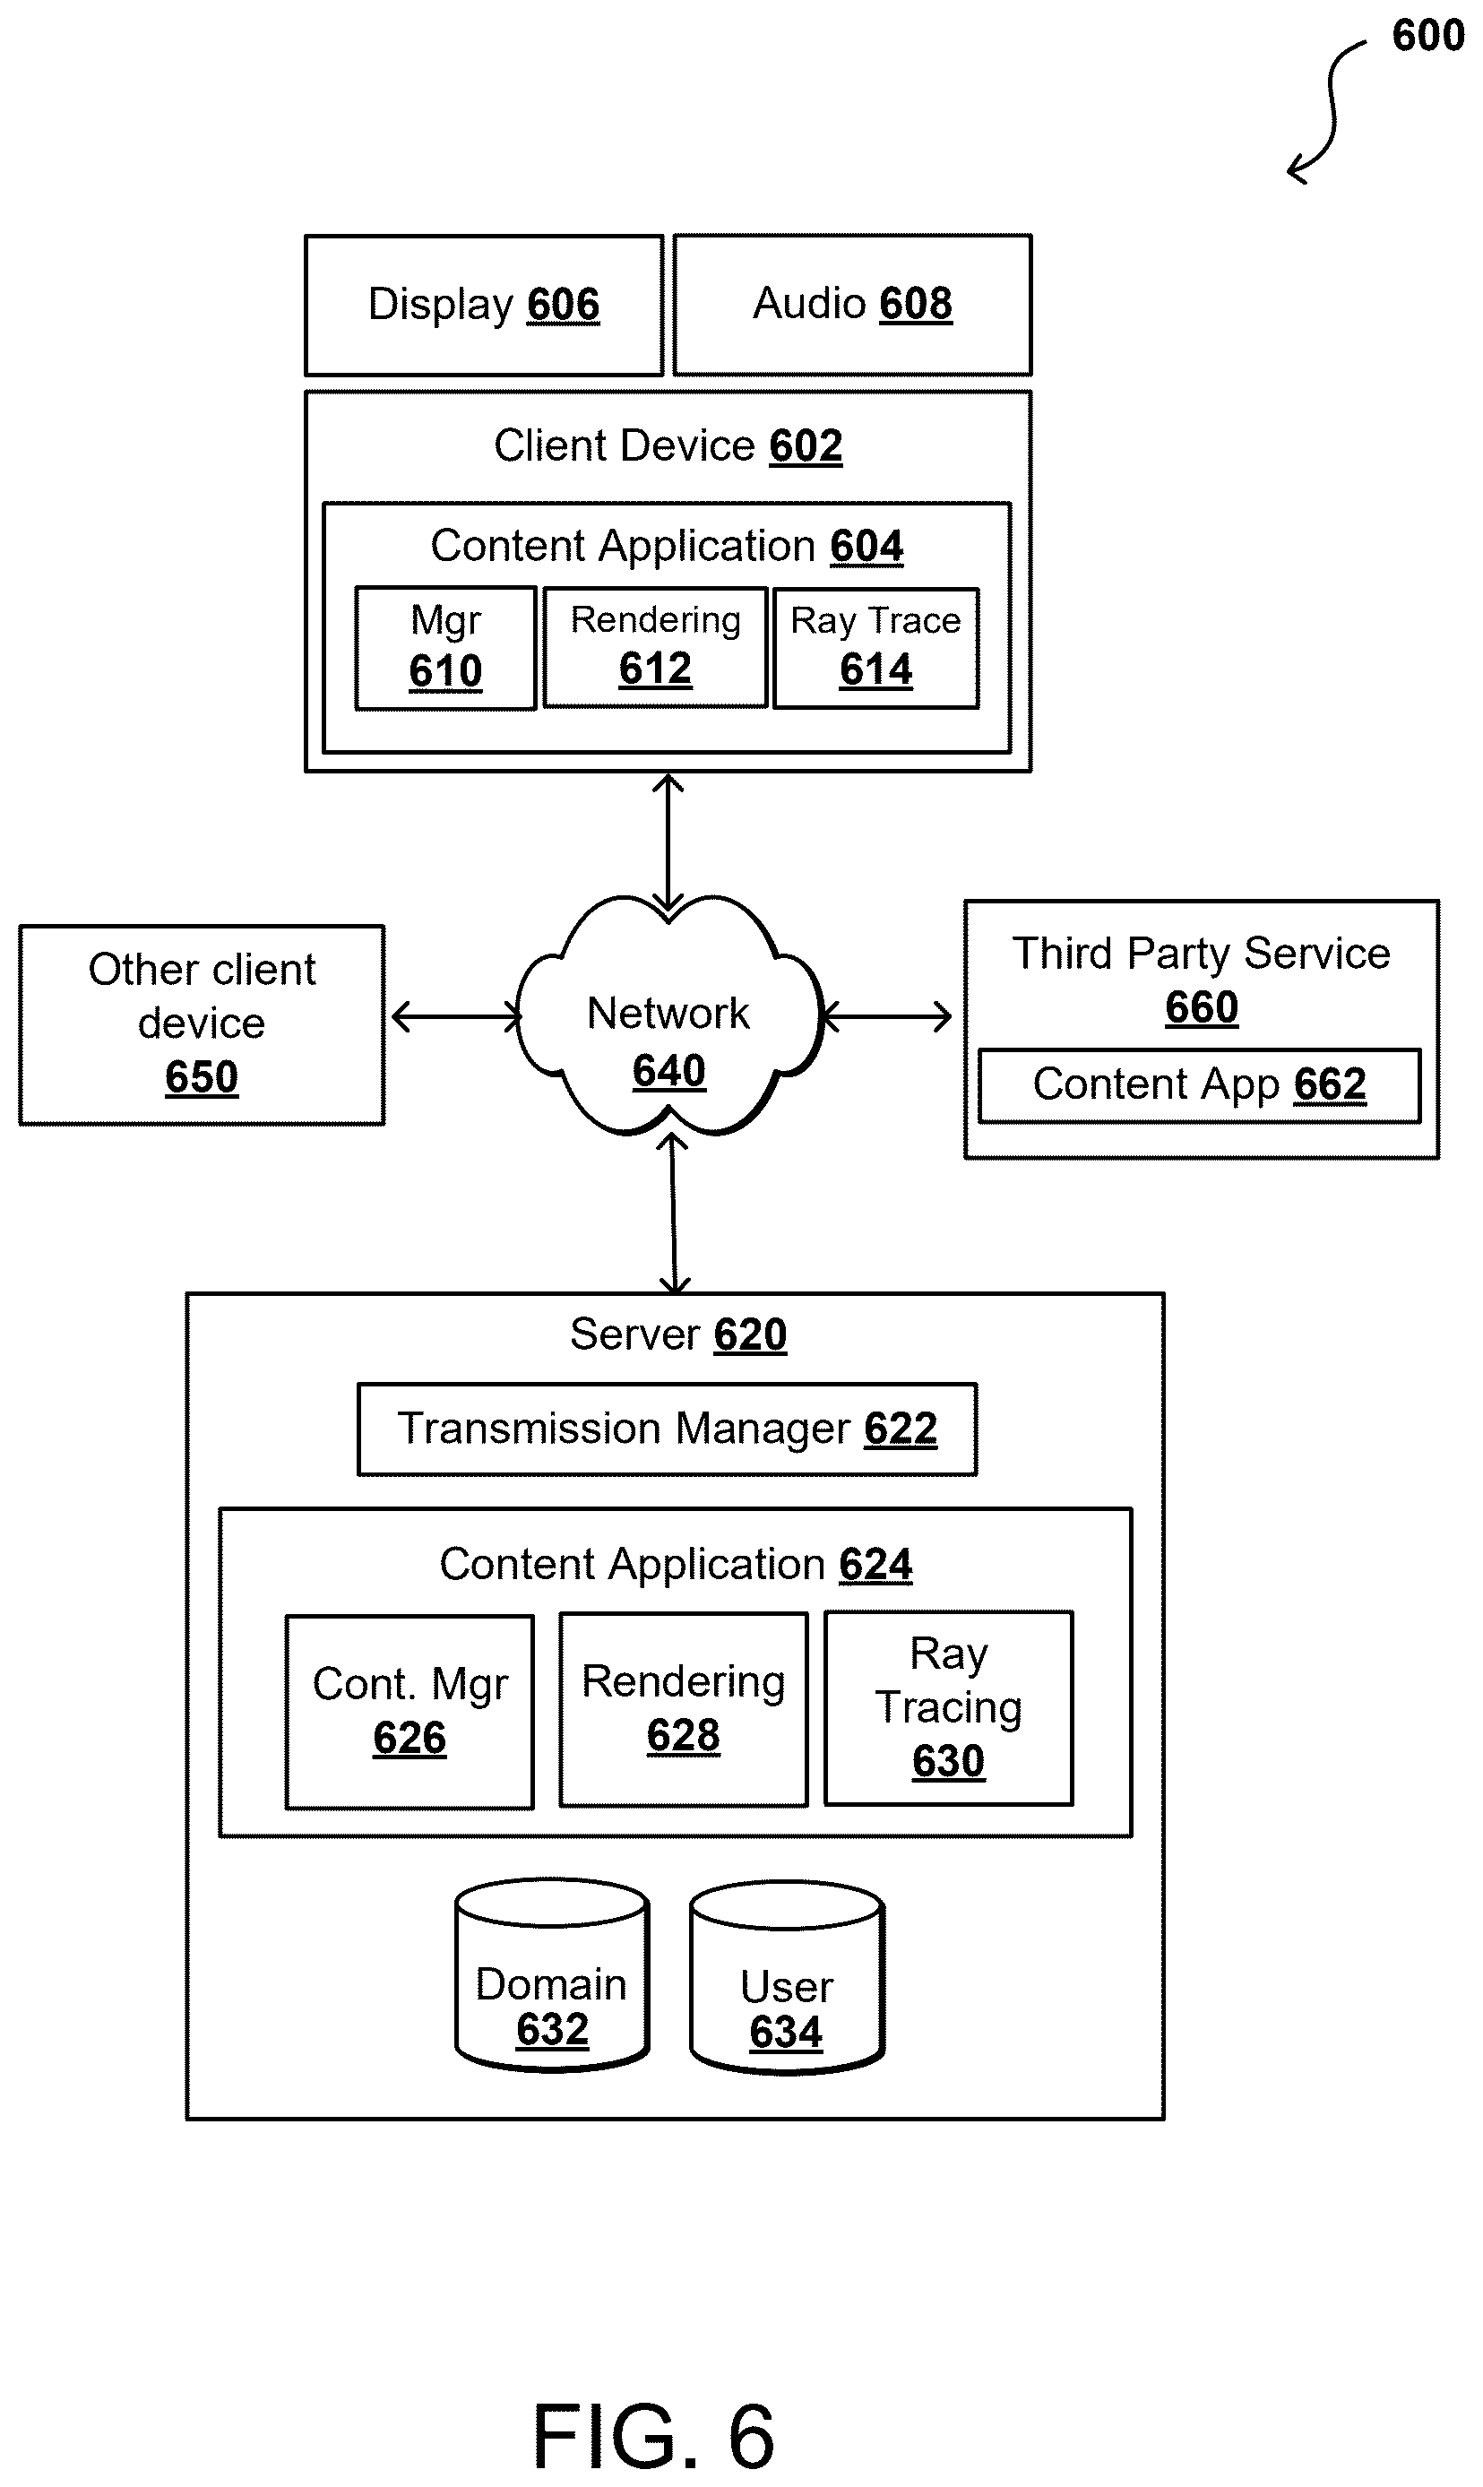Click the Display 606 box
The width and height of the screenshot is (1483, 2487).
[x=484, y=305]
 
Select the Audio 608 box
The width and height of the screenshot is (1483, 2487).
[x=852, y=305]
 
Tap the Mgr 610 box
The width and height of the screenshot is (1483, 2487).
[x=445, y=649]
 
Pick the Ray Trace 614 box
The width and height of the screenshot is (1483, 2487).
[x=876, y=649]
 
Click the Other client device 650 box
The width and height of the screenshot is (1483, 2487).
[x=202, y=1025]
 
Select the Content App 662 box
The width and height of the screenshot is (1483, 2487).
[x=1199, y=1086]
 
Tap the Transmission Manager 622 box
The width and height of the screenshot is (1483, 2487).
[x=668, y=1429]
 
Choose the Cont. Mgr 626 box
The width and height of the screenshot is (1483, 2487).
[x=410, y=1712]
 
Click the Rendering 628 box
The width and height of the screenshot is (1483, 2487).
[x=684, y=1710]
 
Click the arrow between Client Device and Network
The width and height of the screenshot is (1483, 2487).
[x=668, y=842]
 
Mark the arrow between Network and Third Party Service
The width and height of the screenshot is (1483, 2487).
[x=886, y=1017]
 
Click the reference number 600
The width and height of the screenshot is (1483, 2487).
[x=1428, y=36]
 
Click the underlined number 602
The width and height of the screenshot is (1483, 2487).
[x=806, y=445]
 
